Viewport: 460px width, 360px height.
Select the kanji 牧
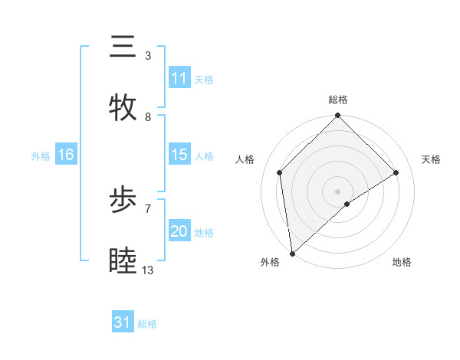pyautogui.click(x=123, y=108)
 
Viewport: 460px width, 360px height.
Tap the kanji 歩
pyautogui.click(x=123, y=200)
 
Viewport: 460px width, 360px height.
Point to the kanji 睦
pyautogui.click(x=123, y=261)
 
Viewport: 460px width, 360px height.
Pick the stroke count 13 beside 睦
pyautogui.click(x=148, y=270)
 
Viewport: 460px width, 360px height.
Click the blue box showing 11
pyautogui.click(x=179, y=78)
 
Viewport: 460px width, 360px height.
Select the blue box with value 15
pyautogui.click(x=179, y=155)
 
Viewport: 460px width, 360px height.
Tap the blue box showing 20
pyautogui.click(x=179, y=231)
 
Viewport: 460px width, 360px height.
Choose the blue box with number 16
pyautogui.click(x=65, y=155)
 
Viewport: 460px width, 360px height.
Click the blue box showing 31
pyautogui.click(x=122, y=322)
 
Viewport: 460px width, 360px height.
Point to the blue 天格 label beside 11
pyautogui.click(x=204, y=80)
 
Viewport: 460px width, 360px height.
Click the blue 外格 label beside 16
pyautogui.click(x=41, y=156)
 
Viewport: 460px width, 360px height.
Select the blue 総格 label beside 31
pyautogui.click(x=147, y=324)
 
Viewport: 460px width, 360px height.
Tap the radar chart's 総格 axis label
pyautogui.click(x=338, y=100)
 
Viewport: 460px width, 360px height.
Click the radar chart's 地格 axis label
pyautogui.click(x=402, y=263)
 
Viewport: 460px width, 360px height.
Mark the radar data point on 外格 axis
pyautogui.click(x=292, y=254)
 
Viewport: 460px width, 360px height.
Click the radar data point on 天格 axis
pyautogui.click(x=396, y=173)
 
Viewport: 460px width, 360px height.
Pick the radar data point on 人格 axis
pyautogui.click(x=280, y=172)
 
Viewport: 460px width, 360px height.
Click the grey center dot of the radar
pyautogui.click(x=338, y=191)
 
